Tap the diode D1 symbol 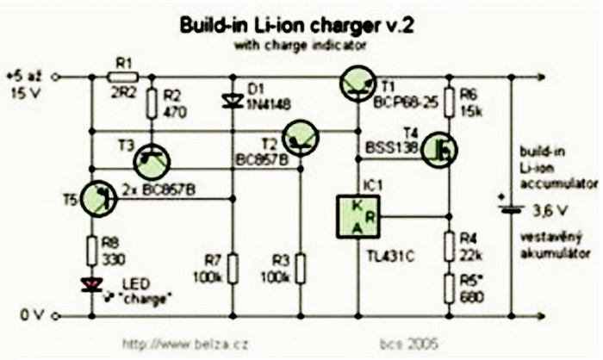pos(231,101)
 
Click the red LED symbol pos(90,284)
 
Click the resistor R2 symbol pos(152,103)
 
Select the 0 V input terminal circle pos(56,316)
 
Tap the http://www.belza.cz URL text pos(175,343)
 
